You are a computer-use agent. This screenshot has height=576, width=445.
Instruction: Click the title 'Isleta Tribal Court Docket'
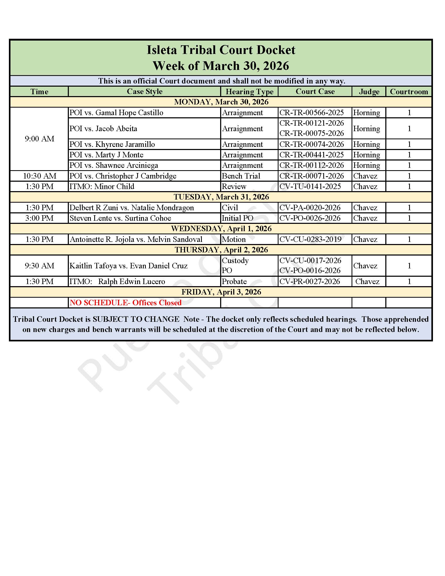coord(221,50)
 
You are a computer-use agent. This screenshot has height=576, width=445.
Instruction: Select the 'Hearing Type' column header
coord(249,92)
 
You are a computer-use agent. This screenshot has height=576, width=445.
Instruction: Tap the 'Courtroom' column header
coord(409,92)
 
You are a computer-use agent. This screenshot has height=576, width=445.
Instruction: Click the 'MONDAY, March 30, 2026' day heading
coord(221,102)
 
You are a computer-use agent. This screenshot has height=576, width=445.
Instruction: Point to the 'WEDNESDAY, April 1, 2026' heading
coord(221,228)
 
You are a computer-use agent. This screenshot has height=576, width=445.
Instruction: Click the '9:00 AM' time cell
coord(39,139)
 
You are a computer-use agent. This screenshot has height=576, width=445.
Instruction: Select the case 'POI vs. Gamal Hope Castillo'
coord(116,113)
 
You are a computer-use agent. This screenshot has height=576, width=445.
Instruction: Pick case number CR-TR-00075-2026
coord(311,133)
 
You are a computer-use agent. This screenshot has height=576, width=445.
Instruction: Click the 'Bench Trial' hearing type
coord(241,176)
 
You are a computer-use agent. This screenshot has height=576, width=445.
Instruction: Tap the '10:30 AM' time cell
coord(39,176)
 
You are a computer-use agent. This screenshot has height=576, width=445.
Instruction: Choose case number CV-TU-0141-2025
coord(310,186)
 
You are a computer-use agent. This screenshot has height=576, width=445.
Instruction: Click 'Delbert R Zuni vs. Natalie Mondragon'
coord(132,208)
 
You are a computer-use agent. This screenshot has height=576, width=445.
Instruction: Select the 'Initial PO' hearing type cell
coord(237,218)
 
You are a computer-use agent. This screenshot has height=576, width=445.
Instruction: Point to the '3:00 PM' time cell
coord(39,218)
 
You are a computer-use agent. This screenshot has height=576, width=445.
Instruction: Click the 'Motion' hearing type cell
coord(233,239)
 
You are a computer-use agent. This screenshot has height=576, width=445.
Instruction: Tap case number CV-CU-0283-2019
coord(310,239)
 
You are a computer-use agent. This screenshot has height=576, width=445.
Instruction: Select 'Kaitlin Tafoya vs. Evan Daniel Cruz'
coord(128,265)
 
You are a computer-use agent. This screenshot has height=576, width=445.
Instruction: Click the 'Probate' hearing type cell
coord(234,281)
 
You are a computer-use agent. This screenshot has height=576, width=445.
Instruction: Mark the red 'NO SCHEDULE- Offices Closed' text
coord(125,302)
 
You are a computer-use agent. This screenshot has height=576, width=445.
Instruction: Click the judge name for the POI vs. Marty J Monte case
coord(366,155)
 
